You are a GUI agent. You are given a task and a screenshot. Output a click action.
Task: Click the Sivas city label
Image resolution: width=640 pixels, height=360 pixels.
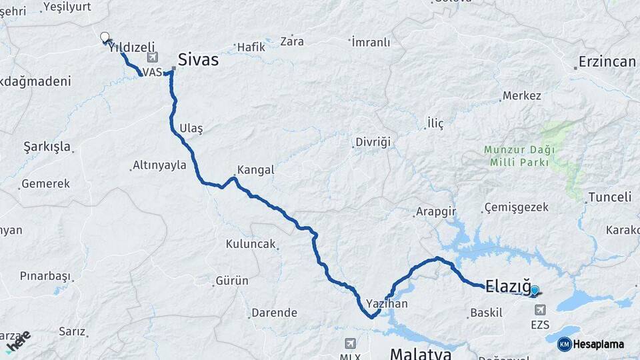coord(198,60)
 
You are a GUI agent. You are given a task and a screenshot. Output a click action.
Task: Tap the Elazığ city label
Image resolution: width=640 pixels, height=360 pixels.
coord(508,287)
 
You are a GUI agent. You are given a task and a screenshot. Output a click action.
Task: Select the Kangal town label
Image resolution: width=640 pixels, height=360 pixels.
coord(255,170)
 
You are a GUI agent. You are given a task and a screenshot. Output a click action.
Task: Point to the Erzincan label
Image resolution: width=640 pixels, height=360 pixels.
coord(607,62)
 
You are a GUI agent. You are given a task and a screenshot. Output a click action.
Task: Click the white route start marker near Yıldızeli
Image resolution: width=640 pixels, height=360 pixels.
coord(105,37)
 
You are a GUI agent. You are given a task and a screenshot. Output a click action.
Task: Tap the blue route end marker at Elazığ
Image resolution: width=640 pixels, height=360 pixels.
coord(534,290)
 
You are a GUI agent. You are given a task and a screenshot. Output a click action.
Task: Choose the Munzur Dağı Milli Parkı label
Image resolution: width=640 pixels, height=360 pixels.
coord(519,156)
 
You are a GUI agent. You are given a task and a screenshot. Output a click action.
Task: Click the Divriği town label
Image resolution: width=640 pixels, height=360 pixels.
coord(372,143)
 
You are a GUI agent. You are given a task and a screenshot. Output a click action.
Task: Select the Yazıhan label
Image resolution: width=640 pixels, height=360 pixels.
coord(387,303)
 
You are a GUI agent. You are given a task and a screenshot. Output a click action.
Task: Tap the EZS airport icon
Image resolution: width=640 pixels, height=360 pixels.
coord(539,310)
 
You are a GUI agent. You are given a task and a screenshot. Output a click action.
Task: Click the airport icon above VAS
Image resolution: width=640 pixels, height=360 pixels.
coord(153,59)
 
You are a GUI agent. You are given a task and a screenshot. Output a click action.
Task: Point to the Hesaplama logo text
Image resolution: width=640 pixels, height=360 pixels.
coord(598,345)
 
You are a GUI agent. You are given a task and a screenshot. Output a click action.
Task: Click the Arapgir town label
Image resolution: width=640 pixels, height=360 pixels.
coord(435,211)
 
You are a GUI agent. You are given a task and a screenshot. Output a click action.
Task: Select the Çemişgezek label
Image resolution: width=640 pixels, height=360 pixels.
coord(517,207)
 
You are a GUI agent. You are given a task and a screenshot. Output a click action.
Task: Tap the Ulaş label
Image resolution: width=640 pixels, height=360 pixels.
coord(191,128)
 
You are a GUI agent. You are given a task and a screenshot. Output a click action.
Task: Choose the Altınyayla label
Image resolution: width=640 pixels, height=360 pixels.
coord(159,165)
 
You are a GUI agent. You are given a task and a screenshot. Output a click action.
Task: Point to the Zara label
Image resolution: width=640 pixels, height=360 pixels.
coord(292,41)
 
